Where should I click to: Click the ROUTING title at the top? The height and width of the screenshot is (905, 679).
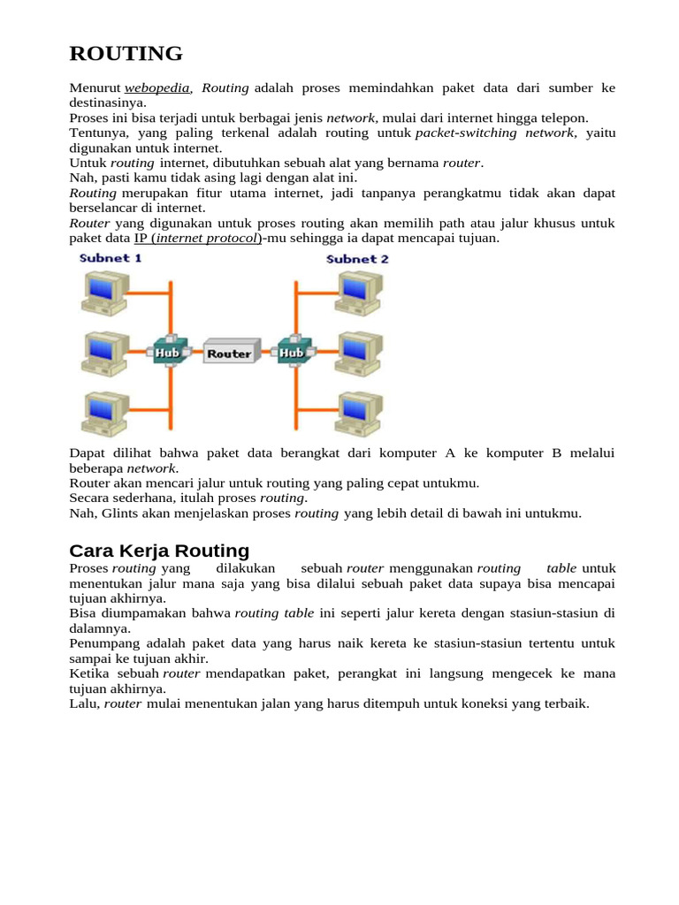coord(126,54)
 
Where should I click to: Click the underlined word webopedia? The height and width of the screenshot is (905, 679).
coord(156,88)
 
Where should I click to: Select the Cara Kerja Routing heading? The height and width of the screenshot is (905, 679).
coord(159,551)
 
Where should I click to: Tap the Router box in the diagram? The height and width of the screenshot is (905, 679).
coord(229,353)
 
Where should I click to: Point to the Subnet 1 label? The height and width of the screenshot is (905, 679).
coord(111,259)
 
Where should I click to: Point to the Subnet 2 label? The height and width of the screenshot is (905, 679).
coord(357,259)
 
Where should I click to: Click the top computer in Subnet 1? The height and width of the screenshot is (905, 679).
coord(105,292)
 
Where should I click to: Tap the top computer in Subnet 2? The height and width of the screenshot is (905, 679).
coord(359,292)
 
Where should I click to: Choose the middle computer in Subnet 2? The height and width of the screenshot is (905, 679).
coord(359,353)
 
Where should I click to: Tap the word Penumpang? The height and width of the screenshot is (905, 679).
coord(101,643)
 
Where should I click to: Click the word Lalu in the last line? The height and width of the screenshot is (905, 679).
coord(84,703)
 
